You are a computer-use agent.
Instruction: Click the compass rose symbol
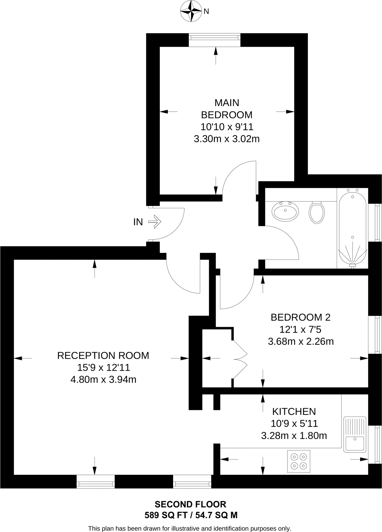click(x=191, y=11)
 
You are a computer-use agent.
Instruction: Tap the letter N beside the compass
click(x=206, y=11)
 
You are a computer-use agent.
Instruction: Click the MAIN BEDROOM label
click(x=227, y=109)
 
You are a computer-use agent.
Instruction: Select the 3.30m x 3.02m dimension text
click(x=227, y=139)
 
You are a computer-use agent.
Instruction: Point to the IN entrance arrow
click(x=155, y=222)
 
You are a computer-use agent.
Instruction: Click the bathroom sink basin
click(x=285, y=211)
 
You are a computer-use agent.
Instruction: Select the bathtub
click(x=352, y=228)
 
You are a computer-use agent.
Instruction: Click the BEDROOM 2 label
click(x=300, y=317)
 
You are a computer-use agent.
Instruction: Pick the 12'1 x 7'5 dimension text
click(x=300, y=329)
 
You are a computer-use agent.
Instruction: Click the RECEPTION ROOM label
click(x=103, y=355)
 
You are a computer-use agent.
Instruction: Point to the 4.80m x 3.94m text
click(x=103, y=380)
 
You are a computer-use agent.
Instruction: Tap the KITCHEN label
click(x=294, y=411)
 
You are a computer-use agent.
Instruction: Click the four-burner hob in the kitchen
click(x=299, y=461)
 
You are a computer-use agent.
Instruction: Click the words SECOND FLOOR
click(x=190, y=504)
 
